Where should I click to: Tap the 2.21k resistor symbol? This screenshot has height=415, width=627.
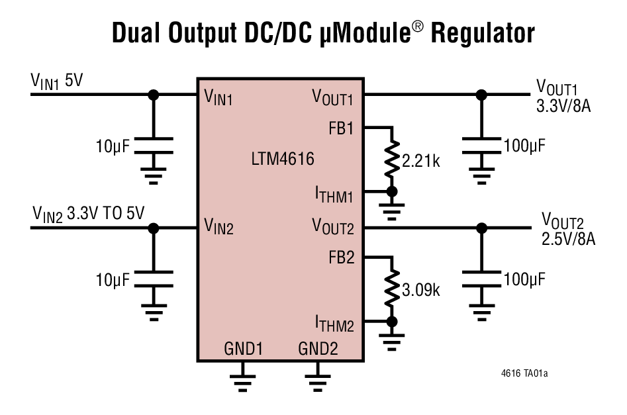pos(392,159)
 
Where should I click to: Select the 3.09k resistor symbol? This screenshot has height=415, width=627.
pos(392,289)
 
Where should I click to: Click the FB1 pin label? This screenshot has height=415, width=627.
pos(341,128)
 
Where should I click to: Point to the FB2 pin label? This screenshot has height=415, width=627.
pos(341,257)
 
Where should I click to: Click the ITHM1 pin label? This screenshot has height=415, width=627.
pos(334,194)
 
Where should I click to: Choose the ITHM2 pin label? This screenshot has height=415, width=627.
pos(334,324)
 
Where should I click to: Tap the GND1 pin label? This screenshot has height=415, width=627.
pos(244,349)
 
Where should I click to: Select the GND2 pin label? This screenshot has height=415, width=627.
pos(318,349)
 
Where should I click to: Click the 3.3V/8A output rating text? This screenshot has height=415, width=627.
pos(563,105)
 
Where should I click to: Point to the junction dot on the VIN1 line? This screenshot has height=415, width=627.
pos(154,95)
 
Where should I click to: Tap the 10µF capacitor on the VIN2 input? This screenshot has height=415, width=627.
pos(154,278)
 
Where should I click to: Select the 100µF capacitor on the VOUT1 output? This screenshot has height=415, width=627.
pos(481,146)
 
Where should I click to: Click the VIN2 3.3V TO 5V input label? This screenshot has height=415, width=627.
pos(89,213)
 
